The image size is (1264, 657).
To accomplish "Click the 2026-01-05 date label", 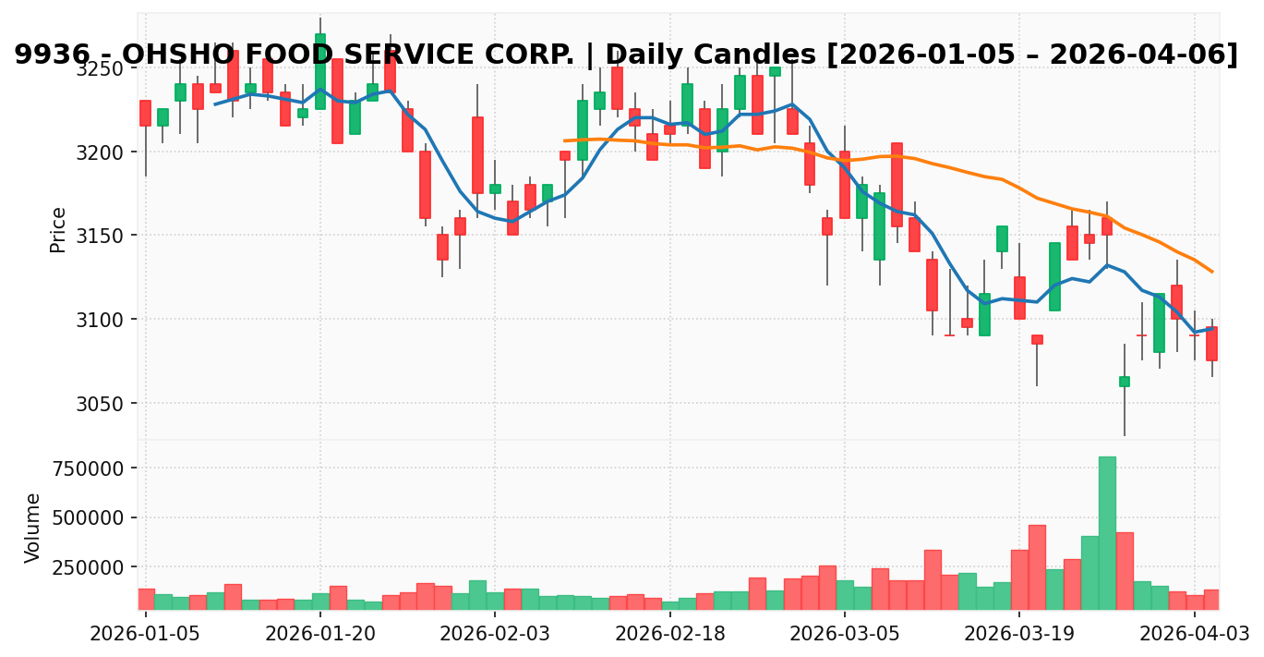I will [145, 634].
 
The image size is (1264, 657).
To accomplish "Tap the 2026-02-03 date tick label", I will [495, 634].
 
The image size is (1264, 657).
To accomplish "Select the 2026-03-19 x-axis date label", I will [1019, 634].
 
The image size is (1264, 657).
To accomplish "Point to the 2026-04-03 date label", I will [1194, 634].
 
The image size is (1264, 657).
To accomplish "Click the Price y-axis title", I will [58, 229].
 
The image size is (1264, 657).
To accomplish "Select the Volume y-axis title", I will [33, 528].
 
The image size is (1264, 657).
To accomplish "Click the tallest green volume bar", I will [1107, 532].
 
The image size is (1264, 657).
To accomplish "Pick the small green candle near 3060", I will [1124, 381].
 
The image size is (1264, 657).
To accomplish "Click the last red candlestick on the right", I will [1211, 343].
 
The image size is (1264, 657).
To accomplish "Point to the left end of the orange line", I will [564, 140].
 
